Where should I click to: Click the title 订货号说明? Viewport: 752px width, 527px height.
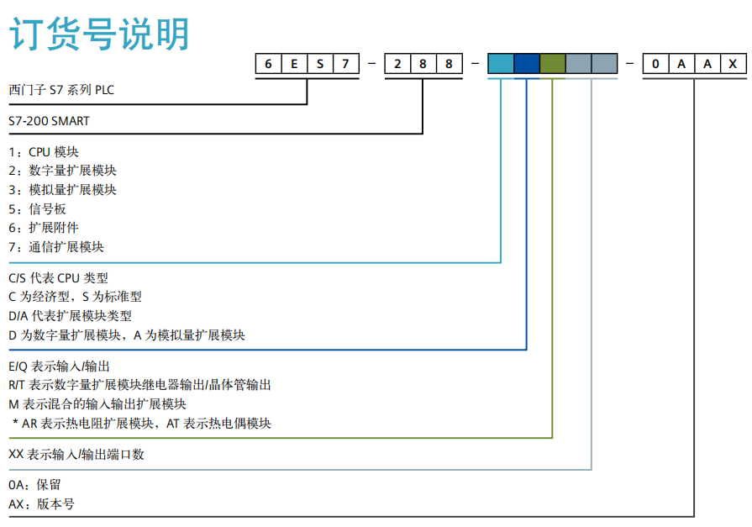pos(99,35)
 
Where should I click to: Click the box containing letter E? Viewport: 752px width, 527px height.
pos(294,64)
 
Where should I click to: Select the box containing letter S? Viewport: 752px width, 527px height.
pos(320,64)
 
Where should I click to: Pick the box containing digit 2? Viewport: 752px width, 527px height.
pos(397,64)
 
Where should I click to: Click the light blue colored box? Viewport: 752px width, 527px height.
pos(501,64)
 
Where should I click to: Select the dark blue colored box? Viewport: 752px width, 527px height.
pos(527,64)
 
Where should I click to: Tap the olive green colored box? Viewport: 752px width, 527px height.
pos(553,64)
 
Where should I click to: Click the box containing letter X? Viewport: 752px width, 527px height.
pos(733,64)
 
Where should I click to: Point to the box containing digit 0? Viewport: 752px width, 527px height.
pos(655,64)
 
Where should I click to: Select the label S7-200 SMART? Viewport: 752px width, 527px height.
pos(49,121)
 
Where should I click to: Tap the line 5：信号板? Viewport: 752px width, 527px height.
pos(37,209)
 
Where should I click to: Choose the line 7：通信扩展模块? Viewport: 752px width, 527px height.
pos(56,247)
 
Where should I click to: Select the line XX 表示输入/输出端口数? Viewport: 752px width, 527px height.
pos(76,455)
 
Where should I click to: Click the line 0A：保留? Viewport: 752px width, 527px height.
pos(34,486)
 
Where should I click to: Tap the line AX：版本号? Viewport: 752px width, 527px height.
pos(41,504)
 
